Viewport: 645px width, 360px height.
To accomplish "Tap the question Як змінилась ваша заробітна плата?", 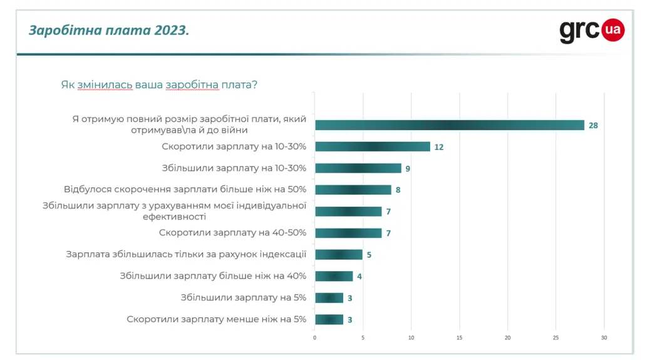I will point(159,85).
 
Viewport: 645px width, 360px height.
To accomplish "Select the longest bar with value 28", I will point(449,125).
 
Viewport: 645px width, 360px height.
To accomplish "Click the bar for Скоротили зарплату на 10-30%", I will point(373,147).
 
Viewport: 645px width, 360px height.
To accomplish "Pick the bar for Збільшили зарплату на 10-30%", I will point(358,168).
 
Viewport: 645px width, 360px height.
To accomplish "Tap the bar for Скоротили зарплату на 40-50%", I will point(348,233).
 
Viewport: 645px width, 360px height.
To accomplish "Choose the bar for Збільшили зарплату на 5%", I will point(329,298).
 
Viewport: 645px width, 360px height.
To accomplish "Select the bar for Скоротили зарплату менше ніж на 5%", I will point(329,319).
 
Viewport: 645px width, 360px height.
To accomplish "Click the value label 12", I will point(439,147).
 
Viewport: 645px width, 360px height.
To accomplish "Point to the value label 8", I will point(398,190).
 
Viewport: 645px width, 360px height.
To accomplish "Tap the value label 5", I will point(369,255).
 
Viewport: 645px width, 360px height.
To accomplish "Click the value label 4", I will point(359,276).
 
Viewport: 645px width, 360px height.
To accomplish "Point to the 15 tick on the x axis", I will point(460,338).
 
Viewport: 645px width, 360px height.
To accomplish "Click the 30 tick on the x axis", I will point(604,338).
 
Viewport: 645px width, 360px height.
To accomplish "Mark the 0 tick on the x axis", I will point(314,338).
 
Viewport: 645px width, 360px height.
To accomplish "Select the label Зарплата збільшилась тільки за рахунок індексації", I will point(186,254).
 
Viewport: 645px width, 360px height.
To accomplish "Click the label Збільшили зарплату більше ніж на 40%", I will point(213,275).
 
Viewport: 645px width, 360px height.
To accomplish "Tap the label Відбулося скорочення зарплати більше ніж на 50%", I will point(185,189).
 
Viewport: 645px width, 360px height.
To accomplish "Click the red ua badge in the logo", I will point(613,29).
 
